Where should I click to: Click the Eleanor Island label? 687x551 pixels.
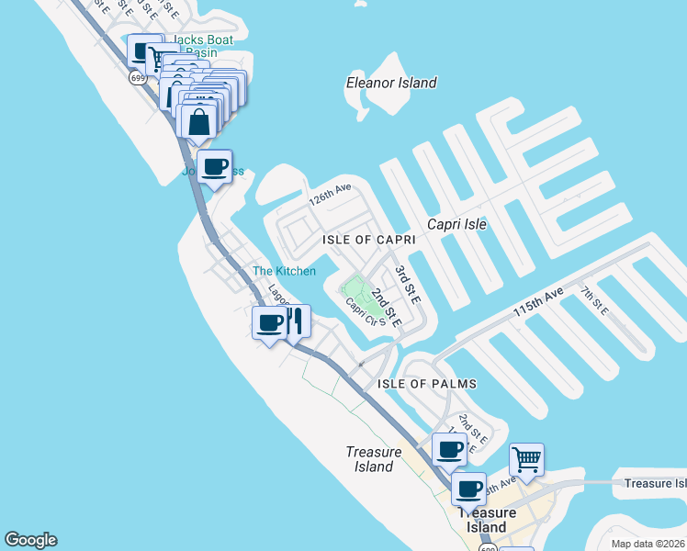tap(391, 83)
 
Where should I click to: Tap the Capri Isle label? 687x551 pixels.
tap(456, 224)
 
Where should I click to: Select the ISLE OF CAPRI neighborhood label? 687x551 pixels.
tap(368, 239)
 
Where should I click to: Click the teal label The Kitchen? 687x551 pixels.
tap(285, 271)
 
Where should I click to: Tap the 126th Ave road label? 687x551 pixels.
tap(331, 195)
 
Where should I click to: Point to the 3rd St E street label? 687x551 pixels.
tap(407, 285)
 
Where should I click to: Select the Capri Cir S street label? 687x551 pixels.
tap(360, 317)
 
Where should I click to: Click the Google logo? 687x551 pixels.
tap(30, 540)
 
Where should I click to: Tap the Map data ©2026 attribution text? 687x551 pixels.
tap(648, 544)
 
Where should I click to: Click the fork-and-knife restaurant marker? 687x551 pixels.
tap(296, 322)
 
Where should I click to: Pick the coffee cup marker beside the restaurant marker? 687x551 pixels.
tap(270, 322)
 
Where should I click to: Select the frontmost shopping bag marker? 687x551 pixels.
tap(198, 122)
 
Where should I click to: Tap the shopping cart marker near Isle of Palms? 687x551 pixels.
tap(526, 458)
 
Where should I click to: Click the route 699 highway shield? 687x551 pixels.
tap(137, 78)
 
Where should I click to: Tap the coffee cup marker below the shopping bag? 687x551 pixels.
tap(215, 167)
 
